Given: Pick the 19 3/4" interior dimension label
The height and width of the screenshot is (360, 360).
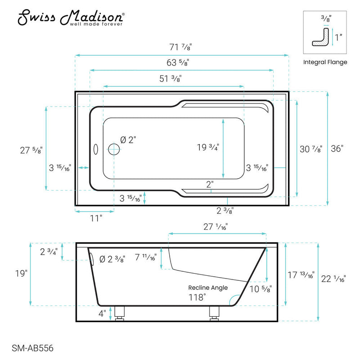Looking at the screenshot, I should point(207,148).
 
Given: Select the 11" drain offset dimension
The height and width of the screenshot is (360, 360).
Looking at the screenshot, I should point(95,218).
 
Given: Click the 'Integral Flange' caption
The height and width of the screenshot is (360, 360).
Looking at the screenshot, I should point(325,62).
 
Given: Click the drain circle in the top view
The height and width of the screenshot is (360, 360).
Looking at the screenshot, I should point(114,149).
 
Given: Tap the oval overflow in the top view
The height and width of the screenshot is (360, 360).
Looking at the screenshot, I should point(95,149).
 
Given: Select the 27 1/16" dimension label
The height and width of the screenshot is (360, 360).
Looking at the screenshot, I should point(216,228).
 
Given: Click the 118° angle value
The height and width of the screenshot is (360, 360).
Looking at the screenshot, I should point(197,297).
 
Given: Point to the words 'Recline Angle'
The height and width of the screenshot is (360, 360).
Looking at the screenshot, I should point(208,288).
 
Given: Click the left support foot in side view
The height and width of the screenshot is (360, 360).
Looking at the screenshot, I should point(120,312).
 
